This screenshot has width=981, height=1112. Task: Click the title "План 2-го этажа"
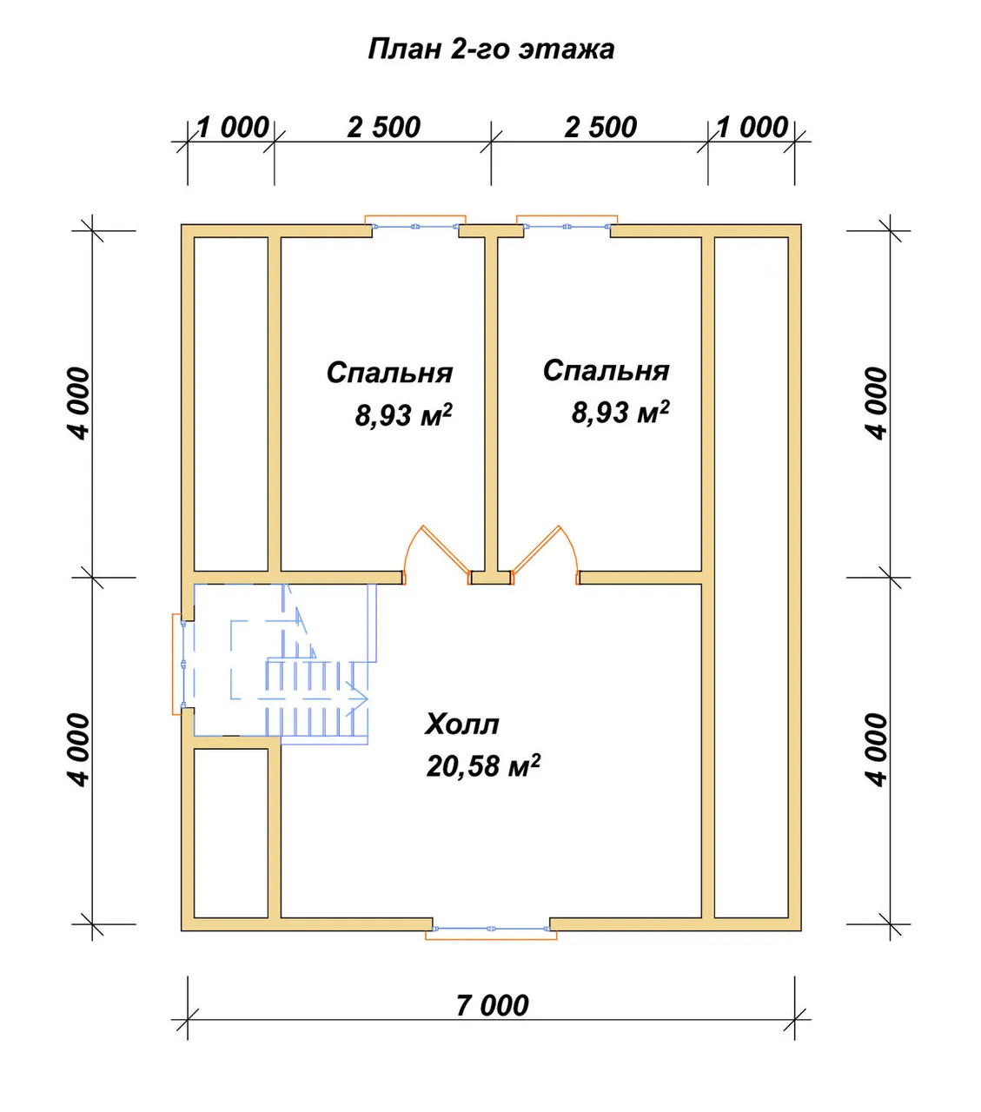click(491, 50)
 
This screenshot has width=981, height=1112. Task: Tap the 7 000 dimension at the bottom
click(493, 1006)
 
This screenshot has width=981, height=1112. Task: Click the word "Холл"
click(462, 724)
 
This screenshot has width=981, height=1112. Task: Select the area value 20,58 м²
click(483, 765)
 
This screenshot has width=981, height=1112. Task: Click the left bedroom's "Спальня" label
click(389, 373)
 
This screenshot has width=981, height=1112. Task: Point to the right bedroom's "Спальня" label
click(606, 370)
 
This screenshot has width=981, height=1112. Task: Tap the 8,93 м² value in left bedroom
click(403, 414)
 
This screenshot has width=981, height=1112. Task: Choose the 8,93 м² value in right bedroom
click(620, 412)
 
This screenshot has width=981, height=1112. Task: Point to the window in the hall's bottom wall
click(491, 929)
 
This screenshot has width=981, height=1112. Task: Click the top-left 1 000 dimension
click(233, 128)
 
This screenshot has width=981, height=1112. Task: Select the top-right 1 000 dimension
click(752, 128)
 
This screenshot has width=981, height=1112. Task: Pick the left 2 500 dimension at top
click(384, 128)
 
